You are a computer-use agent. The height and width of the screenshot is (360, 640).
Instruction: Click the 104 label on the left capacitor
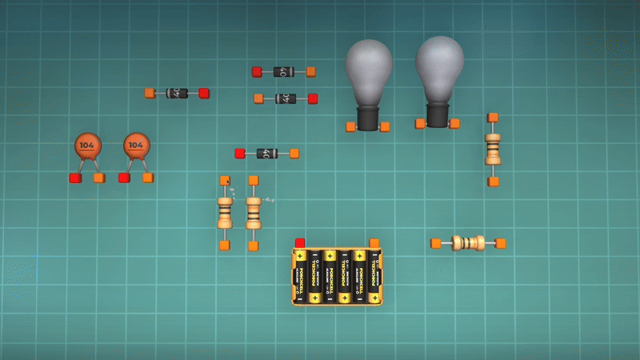coord(88,146)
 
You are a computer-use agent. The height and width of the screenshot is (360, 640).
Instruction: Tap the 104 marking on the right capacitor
coord(137,146)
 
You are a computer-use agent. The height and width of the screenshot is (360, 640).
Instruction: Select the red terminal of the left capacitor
coord(75,178)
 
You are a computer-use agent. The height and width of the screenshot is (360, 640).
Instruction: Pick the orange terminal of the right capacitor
coord(148,177)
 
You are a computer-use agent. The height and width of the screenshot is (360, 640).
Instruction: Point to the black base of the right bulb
coord(438,115)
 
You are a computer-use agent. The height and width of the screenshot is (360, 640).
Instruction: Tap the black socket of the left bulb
coord(367,118)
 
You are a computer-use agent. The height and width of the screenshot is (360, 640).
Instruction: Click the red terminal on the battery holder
coord(300,242)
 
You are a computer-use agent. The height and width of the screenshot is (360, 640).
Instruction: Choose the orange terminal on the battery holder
coord(374,242)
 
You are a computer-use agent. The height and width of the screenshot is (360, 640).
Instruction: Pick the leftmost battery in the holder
coord(301,276)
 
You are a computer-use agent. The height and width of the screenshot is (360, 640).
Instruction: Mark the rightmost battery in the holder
coord(373,276)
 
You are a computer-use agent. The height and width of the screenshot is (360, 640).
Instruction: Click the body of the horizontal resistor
coord(468,242)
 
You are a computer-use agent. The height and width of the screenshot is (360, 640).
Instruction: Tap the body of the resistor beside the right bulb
coord(493,149)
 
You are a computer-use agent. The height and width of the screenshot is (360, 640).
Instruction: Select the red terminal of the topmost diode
coord(257,72)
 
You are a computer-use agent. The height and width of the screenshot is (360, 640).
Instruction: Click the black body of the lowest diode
coord(267,153)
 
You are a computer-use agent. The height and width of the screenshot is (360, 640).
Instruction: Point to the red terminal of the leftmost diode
coord(204,93)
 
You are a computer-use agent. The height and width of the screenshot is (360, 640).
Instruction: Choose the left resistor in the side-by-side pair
coord(225,212)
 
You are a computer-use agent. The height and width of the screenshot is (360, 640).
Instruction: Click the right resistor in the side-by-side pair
coord(254,212)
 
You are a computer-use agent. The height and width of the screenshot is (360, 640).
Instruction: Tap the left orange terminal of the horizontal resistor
coord(436,243)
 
